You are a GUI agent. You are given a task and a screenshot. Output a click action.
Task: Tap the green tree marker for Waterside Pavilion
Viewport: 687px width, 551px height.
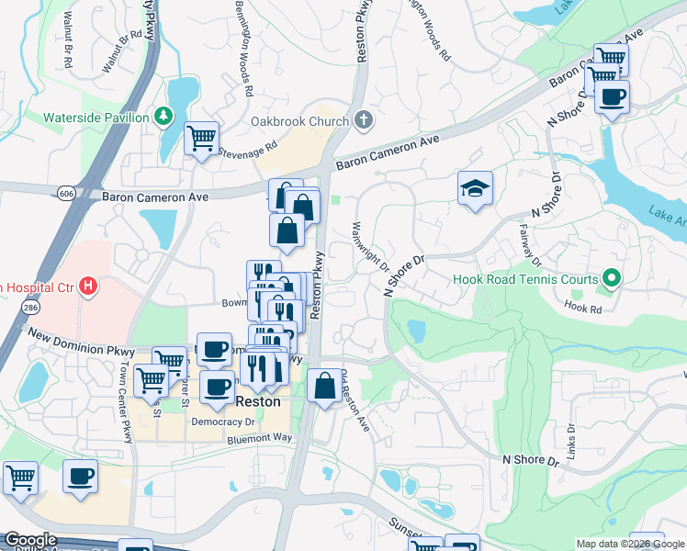(x=163, y=117)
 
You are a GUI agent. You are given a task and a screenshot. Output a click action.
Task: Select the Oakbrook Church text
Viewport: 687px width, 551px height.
(x=300, y=121)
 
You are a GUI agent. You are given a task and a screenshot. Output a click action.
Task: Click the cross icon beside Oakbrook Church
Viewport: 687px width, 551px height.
(x=364, y=120)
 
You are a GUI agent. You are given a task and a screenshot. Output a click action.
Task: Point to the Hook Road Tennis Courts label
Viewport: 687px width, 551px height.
(x=525, y=279)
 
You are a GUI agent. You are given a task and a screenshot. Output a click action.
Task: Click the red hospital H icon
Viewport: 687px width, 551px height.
(x=88, y=287)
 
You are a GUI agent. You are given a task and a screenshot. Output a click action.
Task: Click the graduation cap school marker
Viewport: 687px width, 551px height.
(x=475, y=189)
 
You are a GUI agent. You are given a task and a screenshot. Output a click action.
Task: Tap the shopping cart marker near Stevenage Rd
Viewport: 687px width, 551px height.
(x=201, y=140)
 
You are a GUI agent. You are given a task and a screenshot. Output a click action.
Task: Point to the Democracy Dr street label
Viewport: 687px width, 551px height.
(x=222, y=422)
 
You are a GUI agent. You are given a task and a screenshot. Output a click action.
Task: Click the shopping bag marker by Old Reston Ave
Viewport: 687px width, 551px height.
(x=324, y=386)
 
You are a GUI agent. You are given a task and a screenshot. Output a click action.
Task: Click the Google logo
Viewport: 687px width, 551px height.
(x=29, y=540)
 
